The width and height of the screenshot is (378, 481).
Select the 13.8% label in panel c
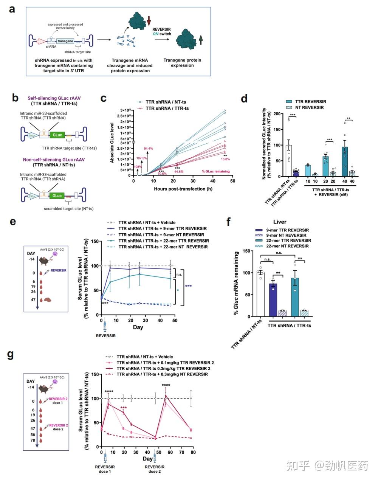click(226, 159)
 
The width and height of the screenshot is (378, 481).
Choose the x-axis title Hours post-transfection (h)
click(183, 189)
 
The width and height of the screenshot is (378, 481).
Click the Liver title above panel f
click(280, 222)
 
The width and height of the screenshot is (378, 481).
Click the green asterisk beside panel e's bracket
click(177, 290)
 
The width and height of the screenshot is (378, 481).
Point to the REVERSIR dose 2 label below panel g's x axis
click(155, 469)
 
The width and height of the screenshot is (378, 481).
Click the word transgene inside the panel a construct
click(65, 41)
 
